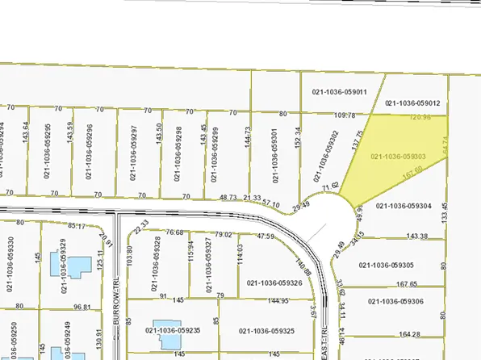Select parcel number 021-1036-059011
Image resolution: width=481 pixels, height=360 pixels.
click(340, 92)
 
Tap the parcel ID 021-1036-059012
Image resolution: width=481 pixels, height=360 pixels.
click(412, 103)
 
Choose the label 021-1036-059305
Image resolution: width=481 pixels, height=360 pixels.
click(387, 265)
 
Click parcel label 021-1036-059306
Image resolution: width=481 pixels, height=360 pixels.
click(396, 301)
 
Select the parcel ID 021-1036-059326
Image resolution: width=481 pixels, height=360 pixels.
click(275, 283)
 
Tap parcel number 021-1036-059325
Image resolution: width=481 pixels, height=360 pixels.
click(266, 331)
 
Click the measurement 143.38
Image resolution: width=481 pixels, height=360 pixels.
click(417, 237)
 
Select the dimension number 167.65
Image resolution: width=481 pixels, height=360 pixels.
click(408, 284)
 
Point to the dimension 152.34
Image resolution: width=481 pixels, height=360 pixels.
click(298, 141)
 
